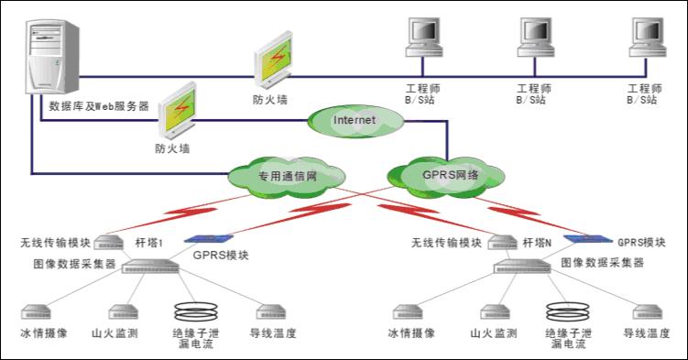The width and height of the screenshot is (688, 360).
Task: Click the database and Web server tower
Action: click(x=52, y=57)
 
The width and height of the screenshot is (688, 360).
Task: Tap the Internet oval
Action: click(x=355, y=121)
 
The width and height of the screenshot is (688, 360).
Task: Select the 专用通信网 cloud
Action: click(x=287, y=177)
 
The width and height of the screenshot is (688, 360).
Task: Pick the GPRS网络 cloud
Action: click(x=446, y=176)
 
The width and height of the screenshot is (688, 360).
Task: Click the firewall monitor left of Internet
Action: click(x=177, y=111)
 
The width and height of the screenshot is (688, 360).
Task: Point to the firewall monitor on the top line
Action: click(x=273, y=60)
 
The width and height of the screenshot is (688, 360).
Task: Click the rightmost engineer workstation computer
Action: click(x=647, y=38)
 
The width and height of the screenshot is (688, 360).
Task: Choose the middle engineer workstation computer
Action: click(x=535, y=38)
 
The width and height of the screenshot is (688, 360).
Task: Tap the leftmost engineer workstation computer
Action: click(x=423, y=38)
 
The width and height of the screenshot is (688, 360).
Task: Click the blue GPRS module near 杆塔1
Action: click(x=209, y=239)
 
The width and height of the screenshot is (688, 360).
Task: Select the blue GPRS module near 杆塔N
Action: click(x=588, y=239)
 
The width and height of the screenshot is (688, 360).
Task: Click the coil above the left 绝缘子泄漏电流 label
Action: click(x=196, y=311)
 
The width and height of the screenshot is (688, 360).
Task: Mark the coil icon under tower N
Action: click(x=568, y=311)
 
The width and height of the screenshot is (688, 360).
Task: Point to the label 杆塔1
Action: click(x=149, y=243)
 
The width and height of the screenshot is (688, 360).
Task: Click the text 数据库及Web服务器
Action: click(x=99, y=105)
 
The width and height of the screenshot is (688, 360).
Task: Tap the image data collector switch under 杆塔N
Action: click(x=522, y=267)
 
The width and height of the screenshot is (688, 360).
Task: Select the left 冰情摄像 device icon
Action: click(x=36, y=312)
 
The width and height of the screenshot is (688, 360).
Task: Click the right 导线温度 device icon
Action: click(x=647, y=312)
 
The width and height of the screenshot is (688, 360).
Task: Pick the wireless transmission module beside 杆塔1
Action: click(x=109, y=242)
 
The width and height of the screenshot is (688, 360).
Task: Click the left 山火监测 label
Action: click(x=115, y=333)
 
